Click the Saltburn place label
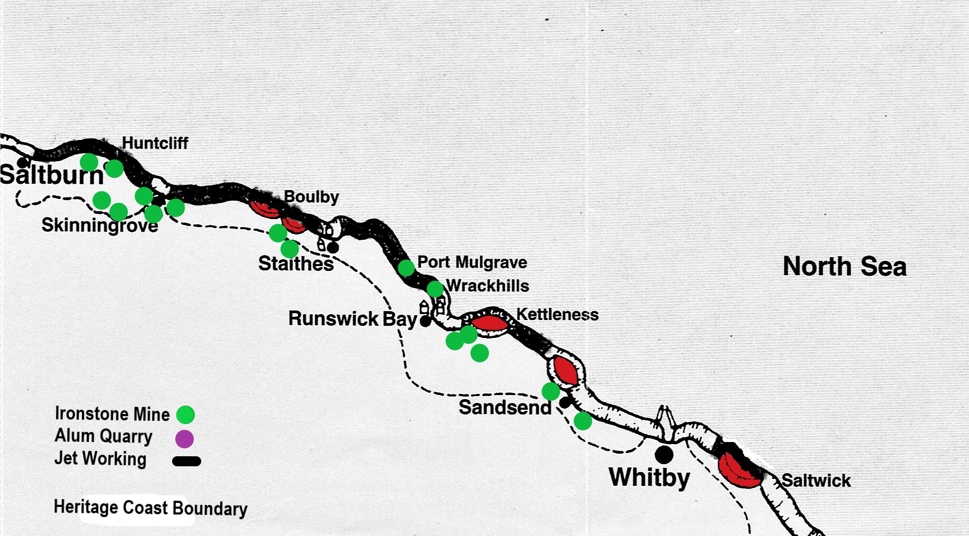coord(52,175)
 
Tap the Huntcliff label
coord(155,143)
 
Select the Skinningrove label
coord(100,225)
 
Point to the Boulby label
coord(311,197)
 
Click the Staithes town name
coord(296,264)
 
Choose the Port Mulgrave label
coord(472,262)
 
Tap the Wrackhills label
coord(487,286)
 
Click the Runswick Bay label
coord(353,319)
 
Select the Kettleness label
coord(557,315)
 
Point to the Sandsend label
coord(505,408)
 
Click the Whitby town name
coord(649,477)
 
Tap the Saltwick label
coord(816,481)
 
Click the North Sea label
coord(844,266)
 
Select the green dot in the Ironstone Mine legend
coord(185,415)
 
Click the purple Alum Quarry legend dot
coord(184,438)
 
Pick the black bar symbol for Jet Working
coord(186,461)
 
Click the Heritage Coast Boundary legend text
coord(150,508)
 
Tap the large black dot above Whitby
coord(664,454)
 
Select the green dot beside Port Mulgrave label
coord(406,268)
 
